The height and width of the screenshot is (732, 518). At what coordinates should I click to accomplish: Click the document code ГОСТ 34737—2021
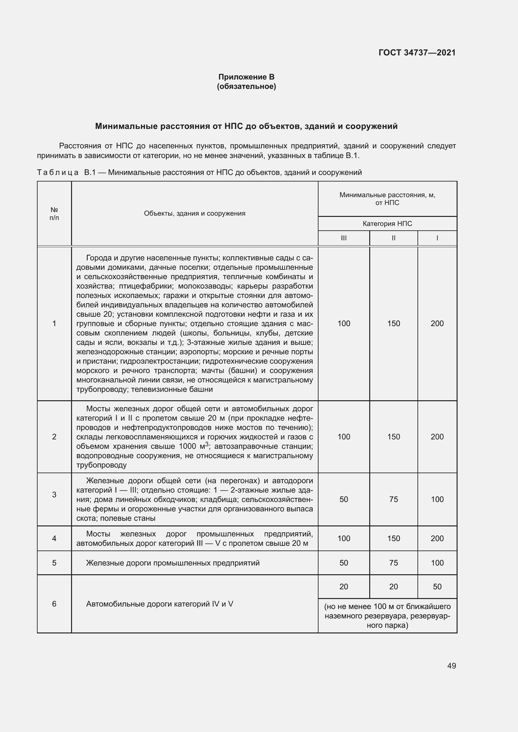pyautogui.click(x=417, y=53)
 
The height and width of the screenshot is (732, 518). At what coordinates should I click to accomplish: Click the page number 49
pyautogui.click(x=451, y=666)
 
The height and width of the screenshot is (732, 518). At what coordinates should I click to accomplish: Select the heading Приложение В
pyautogui.click(x=246, y=77)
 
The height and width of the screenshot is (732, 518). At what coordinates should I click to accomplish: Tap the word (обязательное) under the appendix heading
pyautogui.click(x=246, y=86)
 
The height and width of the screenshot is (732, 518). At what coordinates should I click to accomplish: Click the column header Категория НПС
pyautogui.click(x=387, y=224)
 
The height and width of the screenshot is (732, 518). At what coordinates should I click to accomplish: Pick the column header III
pyautogui.click(x=344, y=238)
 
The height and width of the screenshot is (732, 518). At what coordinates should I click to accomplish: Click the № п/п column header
pyautogui.click(x=54, y=214)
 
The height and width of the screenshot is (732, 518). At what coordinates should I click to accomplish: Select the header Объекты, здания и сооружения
pyautogui.click(x=194, y=213)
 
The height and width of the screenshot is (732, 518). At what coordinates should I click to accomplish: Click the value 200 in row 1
pyautogui.click(x=437, y=324)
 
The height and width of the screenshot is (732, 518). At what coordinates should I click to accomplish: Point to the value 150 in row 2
pyautogui.click(x=394, y=437)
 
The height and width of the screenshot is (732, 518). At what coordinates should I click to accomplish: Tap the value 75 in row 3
pyautogui.click(x=394, y=499)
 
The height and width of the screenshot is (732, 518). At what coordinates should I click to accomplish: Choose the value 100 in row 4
pyautogui.click(x=344, y=539)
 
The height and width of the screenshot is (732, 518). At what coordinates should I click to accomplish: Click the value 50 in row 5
pyautogui.click(x=344, y=563)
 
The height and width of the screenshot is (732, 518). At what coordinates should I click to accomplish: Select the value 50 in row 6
pyautogui.click(x=437, y=586)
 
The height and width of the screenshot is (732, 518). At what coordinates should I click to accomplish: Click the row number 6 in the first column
pyautogui.click(x=54, y=604)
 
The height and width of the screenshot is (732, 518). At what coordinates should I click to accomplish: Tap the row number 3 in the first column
pyautogui.click(x=54, y=495)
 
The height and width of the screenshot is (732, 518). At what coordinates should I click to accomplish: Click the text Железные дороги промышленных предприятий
pyautogui.click(x=173, y=563)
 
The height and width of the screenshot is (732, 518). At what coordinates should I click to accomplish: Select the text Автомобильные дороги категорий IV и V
pyautogui.click(x=159, y=604)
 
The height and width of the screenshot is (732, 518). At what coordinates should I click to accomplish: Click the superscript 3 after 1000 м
pyautogui.click(x=207, y=444)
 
